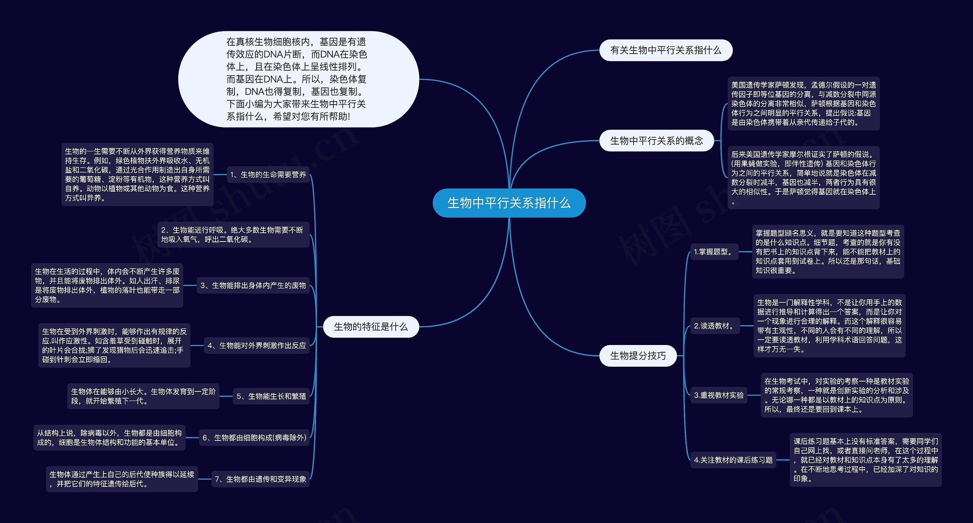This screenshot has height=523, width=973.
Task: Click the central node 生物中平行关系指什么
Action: coord(509,203)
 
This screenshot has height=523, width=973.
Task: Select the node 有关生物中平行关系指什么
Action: coord(666,50)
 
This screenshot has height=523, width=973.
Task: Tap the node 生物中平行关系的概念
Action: coord(656,141)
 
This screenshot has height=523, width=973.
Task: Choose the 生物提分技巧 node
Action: coord(638,356)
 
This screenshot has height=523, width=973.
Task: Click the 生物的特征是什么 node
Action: coord(371,327)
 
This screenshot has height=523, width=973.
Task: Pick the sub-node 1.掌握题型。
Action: coord(713,252)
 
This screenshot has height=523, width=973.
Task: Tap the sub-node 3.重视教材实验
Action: coord(718,395)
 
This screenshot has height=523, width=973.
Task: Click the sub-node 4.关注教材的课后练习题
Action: coord(733,460)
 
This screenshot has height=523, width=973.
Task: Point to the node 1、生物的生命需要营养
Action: coord(268,175)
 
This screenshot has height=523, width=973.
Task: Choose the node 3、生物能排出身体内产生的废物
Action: coord(253,285)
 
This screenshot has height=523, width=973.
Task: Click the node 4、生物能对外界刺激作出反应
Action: coord(257,345)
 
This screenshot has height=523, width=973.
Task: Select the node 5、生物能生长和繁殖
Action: coord(271,396)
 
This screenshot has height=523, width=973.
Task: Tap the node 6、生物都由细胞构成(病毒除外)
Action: coord(254,438)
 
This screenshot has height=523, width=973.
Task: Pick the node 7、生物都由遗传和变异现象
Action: coord(260,479)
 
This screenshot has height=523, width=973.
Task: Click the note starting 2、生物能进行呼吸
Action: coord(233,235)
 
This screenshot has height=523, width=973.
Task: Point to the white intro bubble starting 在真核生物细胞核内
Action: coord(298,79)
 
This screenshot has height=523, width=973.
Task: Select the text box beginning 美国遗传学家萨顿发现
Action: coord(803,103)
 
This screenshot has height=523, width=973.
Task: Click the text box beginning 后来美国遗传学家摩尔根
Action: coord(803,177)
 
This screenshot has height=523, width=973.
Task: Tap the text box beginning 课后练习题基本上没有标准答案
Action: coord(865,460)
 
